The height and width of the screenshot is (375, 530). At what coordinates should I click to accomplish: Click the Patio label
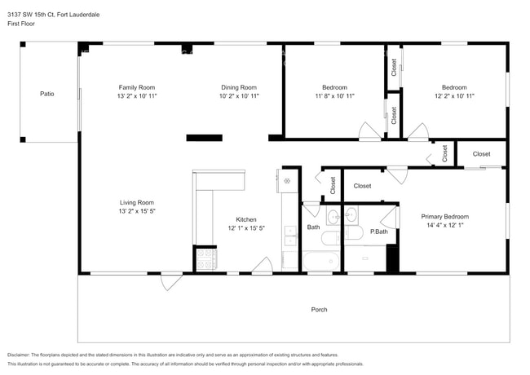(47, 94)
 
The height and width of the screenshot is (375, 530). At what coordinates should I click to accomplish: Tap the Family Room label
(137, 87)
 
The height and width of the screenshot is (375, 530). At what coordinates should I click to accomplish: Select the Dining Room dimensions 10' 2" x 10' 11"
(239, 96)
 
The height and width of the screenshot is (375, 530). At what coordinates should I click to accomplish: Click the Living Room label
(137, 203)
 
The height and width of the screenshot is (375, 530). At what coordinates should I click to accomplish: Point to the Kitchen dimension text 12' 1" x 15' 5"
(246, 228)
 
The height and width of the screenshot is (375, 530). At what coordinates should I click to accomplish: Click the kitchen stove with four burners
(206, 259)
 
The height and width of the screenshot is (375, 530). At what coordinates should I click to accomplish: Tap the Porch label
(319, 310)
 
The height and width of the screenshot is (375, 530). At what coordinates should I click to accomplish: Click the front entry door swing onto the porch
(172, 282)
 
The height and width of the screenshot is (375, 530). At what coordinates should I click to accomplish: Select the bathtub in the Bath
(321, 261)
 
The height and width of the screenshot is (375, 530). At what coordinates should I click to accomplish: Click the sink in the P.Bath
(351, 215)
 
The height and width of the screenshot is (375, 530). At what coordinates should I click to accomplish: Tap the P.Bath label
(379, 232)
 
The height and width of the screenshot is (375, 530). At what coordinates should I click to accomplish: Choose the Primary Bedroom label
(445, 217)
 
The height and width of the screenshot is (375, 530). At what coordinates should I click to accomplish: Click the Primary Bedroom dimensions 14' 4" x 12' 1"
(445, 225)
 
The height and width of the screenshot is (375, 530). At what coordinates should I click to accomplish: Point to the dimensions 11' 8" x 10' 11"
(334, 96)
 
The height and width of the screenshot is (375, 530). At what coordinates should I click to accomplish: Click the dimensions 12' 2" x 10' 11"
(454, 96)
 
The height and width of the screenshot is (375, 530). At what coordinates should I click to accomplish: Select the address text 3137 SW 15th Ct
(31, 15)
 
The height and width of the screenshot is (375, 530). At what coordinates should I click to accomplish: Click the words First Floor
(21, 24)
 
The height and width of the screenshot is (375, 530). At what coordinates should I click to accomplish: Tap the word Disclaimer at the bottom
(18, 355)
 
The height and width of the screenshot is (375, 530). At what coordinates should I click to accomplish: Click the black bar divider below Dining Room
(204, 138)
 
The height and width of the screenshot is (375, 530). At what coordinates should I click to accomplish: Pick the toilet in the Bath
(330, 238)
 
